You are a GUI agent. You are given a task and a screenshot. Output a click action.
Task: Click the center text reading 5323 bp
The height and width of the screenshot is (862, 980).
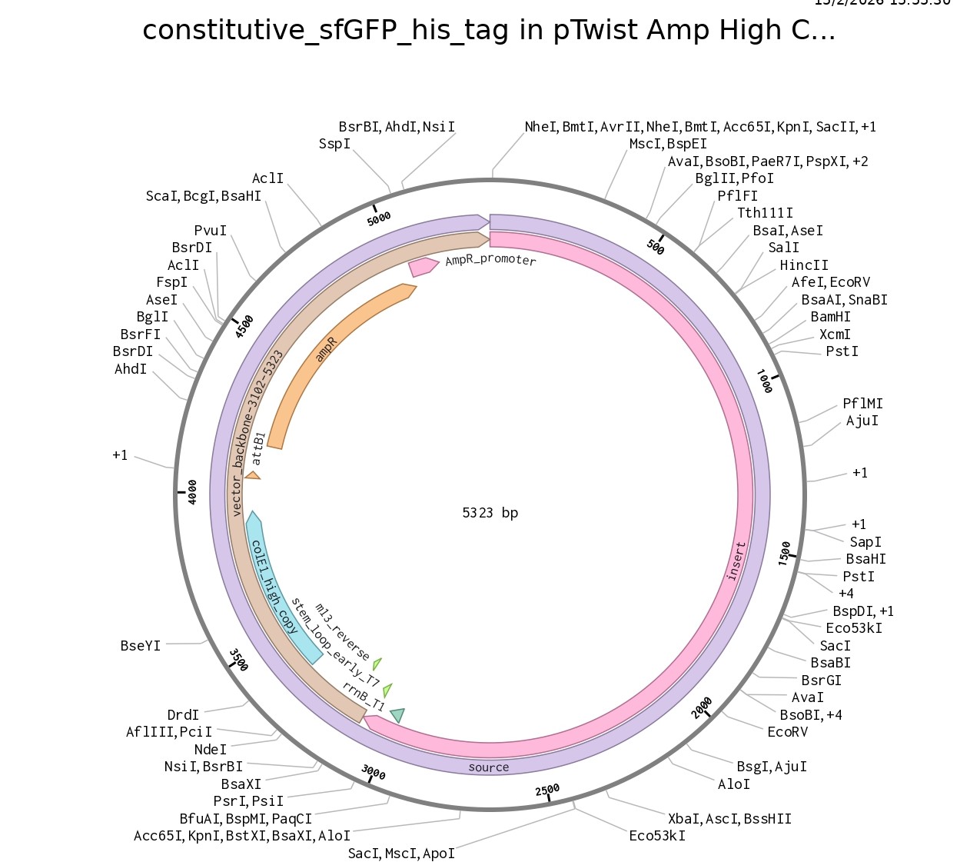pyautogui.click(x=490, y=513)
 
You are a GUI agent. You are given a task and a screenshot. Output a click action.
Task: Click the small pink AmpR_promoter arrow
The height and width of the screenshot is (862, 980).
pyautogui.click(x=422, y=266)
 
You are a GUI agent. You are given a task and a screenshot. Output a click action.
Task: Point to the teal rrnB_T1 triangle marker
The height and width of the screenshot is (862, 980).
pyautogui.click(x=397, y=715)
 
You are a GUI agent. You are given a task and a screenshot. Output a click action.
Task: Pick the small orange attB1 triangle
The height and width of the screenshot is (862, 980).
pyautogui.click(x=252, y=476)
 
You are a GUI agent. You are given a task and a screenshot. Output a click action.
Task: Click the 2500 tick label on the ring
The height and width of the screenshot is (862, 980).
pyautogui.click(x=547, y=790)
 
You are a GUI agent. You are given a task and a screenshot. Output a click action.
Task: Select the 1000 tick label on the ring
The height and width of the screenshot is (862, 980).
pyautogui.click(x=764, y=381)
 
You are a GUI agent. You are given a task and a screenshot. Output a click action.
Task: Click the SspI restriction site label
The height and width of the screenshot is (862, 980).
pyautogui.click(x=334, y=144)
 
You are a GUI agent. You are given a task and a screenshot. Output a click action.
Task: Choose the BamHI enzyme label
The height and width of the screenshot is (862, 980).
pyautogui.click(x=830, y=317)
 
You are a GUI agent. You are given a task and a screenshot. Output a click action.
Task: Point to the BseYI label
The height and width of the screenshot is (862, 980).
pyautogui.click(x=141, y=646)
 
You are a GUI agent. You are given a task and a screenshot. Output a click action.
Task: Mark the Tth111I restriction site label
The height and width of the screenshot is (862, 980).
pyautogui.click(x=765, y=213)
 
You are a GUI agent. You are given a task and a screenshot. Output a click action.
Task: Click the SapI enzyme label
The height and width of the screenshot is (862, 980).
pyautogui.click(x=865, y=542)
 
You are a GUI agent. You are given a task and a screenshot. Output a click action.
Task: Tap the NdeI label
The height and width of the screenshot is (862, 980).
pyautogui.click(x=211, y=750)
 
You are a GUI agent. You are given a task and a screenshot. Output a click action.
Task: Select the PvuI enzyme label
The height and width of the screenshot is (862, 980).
pyautogui.click(x=211, y=231)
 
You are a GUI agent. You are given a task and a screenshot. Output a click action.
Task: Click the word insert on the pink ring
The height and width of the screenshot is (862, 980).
pyautogui.click(x=736, y=561)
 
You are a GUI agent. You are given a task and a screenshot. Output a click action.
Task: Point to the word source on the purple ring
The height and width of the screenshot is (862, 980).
pyautogui.click(x=489, y=767)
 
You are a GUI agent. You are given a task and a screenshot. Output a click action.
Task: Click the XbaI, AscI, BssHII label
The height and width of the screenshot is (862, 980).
pyautogui.click(x=729, y=819)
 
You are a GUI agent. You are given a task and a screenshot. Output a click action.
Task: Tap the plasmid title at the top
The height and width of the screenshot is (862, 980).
pyautogui.click(x=489, y=31)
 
